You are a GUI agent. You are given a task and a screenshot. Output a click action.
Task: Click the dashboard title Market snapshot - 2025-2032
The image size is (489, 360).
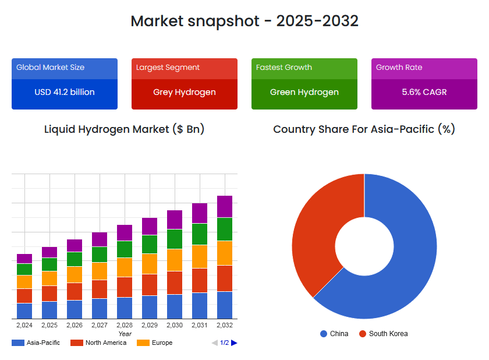pos(245,21)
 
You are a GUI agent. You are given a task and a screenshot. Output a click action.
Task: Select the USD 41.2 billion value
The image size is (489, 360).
pos(65,92)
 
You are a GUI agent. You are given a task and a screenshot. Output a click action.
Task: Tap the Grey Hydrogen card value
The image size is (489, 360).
pos(185,92)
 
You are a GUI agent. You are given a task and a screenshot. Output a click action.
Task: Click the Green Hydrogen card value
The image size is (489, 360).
pos(304,92)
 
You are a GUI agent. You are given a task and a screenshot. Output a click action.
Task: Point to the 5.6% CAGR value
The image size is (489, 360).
pos(424,92)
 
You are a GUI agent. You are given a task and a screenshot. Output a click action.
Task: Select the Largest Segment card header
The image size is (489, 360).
pos(168,68)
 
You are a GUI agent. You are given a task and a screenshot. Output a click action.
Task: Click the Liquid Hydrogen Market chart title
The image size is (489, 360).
pos(125,129)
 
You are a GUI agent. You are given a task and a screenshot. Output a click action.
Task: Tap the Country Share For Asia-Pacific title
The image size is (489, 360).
pos(364,129)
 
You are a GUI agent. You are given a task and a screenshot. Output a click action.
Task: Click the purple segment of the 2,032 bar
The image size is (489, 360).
pos(225,206)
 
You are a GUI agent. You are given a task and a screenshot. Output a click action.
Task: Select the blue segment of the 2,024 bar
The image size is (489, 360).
pos(24,310)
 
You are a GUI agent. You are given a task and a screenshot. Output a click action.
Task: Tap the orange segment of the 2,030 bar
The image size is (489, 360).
pos(175,260)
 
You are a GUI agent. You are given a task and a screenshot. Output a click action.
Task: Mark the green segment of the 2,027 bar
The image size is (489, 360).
pos(100,254)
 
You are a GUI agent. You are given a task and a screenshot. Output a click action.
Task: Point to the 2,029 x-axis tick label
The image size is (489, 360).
pos(150,325)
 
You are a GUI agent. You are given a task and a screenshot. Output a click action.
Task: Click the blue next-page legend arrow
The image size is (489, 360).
pos(234,343)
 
